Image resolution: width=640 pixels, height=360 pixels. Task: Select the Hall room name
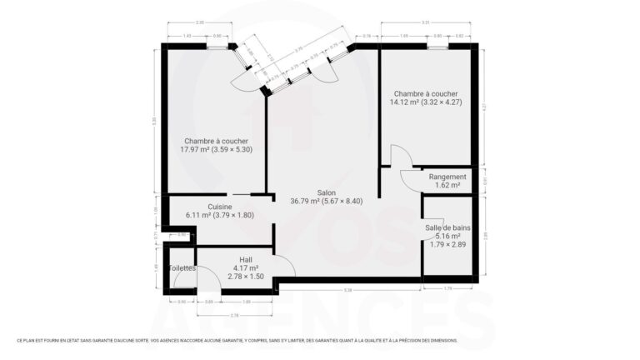point(245,258)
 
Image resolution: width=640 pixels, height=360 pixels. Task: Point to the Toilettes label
point(182,268)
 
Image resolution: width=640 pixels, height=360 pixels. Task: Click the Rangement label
point(447,177)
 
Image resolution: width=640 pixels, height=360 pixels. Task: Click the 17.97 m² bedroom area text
point(216,150)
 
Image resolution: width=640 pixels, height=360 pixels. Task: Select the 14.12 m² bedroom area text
point(425,102)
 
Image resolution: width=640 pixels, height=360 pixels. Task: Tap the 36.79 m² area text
point(326,201)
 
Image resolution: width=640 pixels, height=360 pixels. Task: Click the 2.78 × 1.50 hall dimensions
point(245,276)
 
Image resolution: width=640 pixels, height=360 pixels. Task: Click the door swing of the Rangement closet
point(412,181)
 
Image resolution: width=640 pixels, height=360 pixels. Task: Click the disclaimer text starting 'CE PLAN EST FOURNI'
point(237,340)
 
